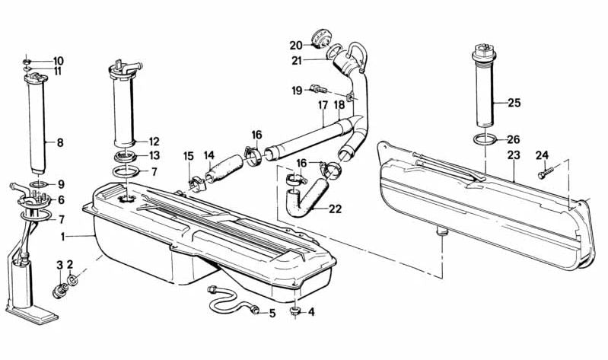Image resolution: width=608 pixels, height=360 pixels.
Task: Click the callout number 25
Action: pos(514,104)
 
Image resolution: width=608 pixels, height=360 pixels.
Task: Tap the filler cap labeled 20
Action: pos(321,39)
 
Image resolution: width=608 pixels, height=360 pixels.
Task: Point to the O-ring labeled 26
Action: pos(485,139)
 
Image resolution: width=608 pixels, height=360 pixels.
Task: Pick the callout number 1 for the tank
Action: pos(63,237)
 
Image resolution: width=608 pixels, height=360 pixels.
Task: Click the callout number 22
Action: pos(335,209)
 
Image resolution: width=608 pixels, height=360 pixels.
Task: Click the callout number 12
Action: pos(154,142)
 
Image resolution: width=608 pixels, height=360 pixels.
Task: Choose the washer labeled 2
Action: pos(72,279)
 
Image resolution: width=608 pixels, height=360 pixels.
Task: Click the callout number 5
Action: pos(272,313)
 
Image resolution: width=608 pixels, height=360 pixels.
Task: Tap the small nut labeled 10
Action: pos(27,62)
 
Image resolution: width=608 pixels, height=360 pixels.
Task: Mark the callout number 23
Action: pos(514,155)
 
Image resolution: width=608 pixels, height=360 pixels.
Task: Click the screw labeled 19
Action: pos(319,89)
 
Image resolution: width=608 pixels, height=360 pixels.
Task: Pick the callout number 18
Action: pos(339,105)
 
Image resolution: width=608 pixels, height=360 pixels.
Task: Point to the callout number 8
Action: pos(60,143)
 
